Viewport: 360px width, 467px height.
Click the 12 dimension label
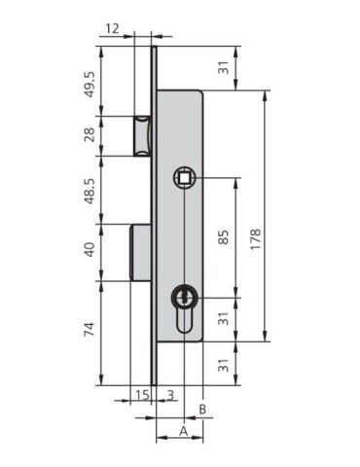(113, 29)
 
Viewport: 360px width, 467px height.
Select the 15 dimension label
(141, 394)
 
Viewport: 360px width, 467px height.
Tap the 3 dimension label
(171, 394)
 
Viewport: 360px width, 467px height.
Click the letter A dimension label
(182, 430)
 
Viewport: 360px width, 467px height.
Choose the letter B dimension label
(202, 409)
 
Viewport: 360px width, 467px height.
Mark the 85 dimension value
(224, 235)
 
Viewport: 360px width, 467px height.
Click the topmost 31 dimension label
(224, 67)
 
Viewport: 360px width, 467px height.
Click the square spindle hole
(183, 177)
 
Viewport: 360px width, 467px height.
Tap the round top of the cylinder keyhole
(183, 296)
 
